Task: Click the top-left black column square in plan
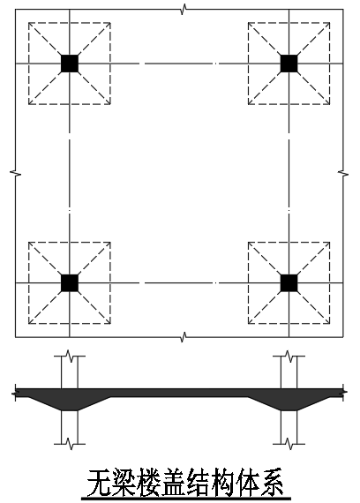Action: click(x=70, y=64)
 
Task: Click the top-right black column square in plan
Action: click(x=289, y=64)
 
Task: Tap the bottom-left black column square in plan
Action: click(x=70, y=283)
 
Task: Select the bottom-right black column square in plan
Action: click(x=289, y=283)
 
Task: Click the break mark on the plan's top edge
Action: click(x=184, y=10)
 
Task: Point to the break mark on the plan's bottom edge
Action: click(x=184, y=337)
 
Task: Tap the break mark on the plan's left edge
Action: click(x=15, y=173)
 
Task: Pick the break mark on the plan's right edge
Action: click(x=343, y=173)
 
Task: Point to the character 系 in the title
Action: click(x=271, y=483)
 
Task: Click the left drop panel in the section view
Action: click(x=70, y=403)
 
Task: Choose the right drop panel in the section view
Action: click(x=289, y=403)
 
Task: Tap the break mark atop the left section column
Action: click(x=70, y=356)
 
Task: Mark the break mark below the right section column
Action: click(x=289, y=444)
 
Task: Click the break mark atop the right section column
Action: click(x=289, y=356)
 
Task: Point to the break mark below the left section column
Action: click(x=70, y=444)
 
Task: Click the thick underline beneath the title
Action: click(x=186, y=499)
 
